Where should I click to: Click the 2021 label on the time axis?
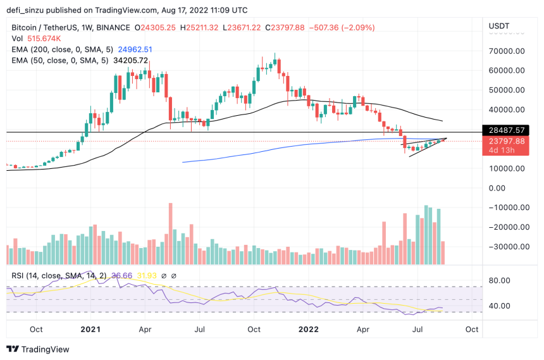click(90, 330)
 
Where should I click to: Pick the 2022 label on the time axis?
click(308, 330)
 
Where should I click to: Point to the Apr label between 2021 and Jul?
click(145, 330)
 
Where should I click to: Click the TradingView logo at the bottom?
click(38, 349)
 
